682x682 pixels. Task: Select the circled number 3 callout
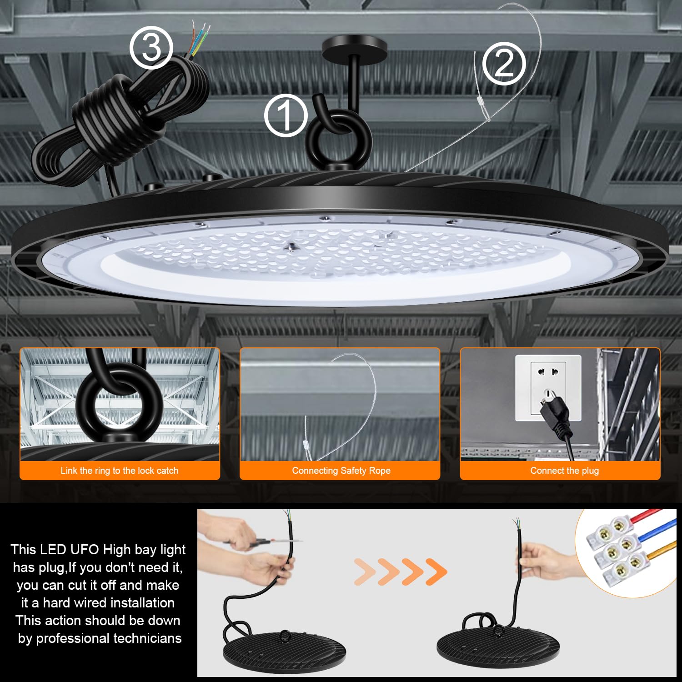point(151,48)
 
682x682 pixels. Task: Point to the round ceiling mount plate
point(354,46)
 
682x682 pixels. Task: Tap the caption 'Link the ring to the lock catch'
point(120,471)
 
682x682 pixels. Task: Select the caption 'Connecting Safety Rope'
point(341,471)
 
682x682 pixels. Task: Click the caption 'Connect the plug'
point(564,471)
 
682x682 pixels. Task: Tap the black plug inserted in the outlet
point(555,414)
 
